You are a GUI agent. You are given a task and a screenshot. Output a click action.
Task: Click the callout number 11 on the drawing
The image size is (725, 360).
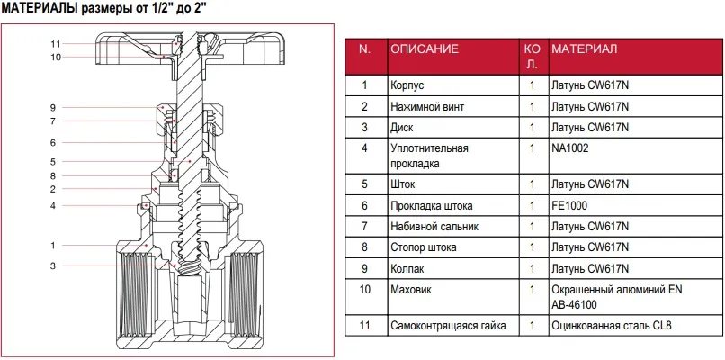tap(56, 44)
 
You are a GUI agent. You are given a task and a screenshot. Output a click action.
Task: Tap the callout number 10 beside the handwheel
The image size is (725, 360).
tap(56, 58)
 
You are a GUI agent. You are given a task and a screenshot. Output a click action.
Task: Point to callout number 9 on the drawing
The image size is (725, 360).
tap(53, 108)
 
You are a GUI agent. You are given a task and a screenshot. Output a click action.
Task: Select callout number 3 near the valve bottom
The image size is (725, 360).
tap(53, 265)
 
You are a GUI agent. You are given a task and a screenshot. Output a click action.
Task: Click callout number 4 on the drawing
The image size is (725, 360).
tap(53, 205)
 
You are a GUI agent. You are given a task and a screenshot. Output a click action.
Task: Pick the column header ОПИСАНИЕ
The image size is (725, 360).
tap(425, 49)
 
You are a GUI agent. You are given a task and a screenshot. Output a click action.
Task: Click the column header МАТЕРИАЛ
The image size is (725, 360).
tap(585, 49)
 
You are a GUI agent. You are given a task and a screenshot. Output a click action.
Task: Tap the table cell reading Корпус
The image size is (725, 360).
tap(407, 85)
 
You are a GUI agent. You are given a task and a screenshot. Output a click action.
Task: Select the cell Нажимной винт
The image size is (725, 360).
tap(427, 107)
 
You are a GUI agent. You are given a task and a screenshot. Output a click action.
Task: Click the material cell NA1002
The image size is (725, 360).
tap(570, 148)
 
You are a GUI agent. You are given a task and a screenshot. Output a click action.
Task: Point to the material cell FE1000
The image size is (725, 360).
tap(569, 205)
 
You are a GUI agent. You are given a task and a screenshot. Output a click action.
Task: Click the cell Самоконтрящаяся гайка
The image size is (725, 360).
tap(448, 325)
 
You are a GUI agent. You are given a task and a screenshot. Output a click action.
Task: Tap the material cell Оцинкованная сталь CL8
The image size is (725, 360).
tap(612, 325)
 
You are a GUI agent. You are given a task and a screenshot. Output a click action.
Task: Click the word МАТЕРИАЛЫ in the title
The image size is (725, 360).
tap(40, 8)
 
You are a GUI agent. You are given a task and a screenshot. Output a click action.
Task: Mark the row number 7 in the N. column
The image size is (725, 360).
tap(365, 226)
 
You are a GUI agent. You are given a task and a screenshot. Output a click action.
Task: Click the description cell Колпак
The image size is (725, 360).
tap(407, 269)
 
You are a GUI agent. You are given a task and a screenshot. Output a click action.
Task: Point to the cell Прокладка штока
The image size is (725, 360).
tap(432, 205)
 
